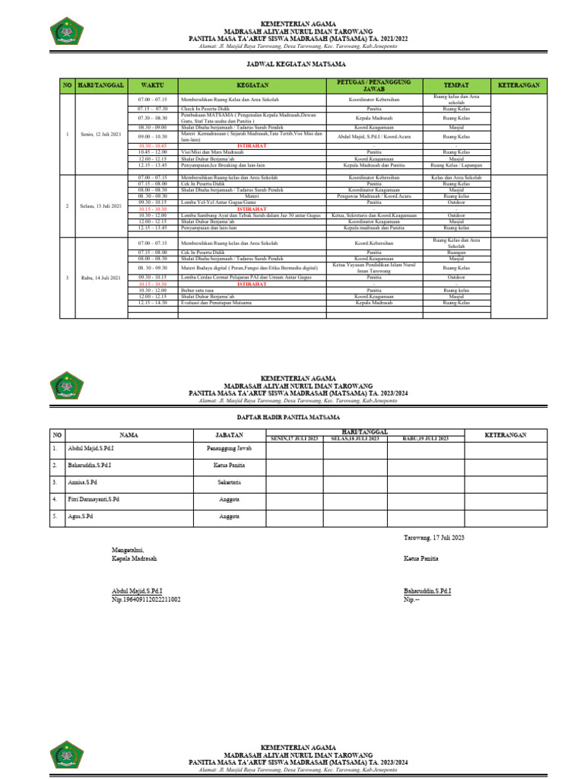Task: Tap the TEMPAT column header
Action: point(456,85)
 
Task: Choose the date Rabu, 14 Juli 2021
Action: point(100,278)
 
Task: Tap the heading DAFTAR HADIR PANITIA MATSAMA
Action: point(291,418)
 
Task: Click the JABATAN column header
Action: point(234,434)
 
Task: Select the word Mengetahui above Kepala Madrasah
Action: point(128,549)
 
